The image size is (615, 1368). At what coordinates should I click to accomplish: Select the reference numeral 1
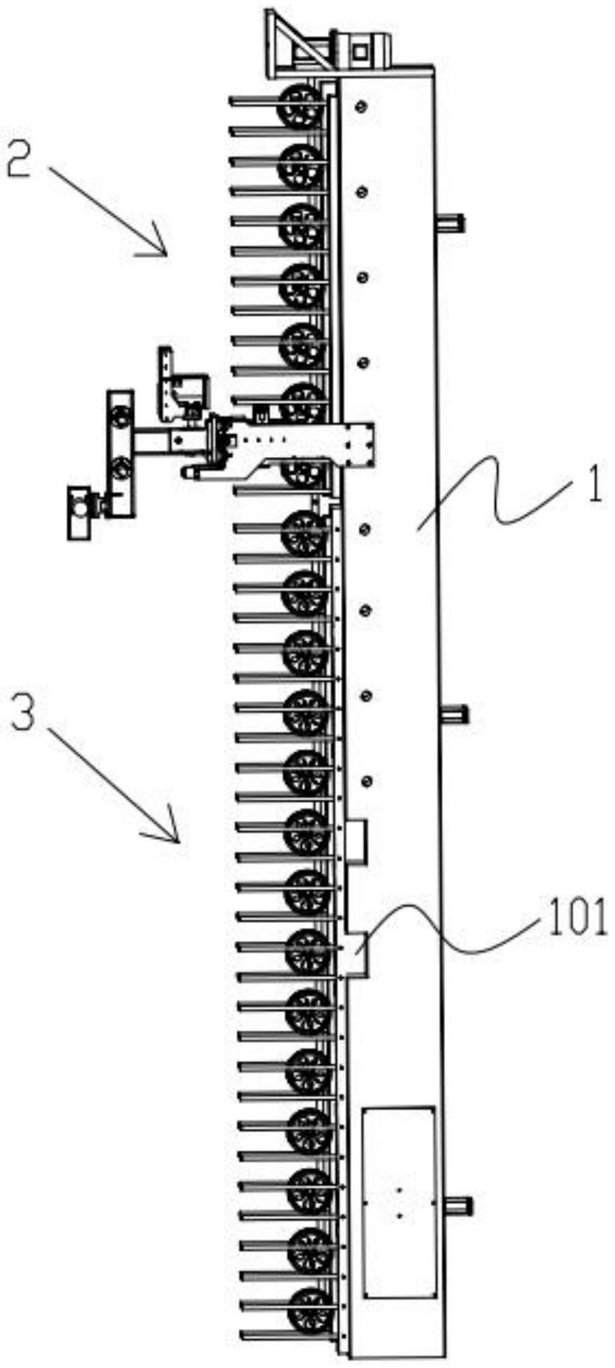point(593,488)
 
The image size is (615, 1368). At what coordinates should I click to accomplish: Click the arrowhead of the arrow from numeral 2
point(163,251)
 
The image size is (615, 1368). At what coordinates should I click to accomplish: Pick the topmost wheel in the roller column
point(301,105)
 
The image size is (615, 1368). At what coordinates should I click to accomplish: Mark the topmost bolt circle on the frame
point(360,106)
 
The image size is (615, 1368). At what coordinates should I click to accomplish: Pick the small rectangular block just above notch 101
point(356,842)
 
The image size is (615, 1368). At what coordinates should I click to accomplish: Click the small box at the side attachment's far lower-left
point(82,513)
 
